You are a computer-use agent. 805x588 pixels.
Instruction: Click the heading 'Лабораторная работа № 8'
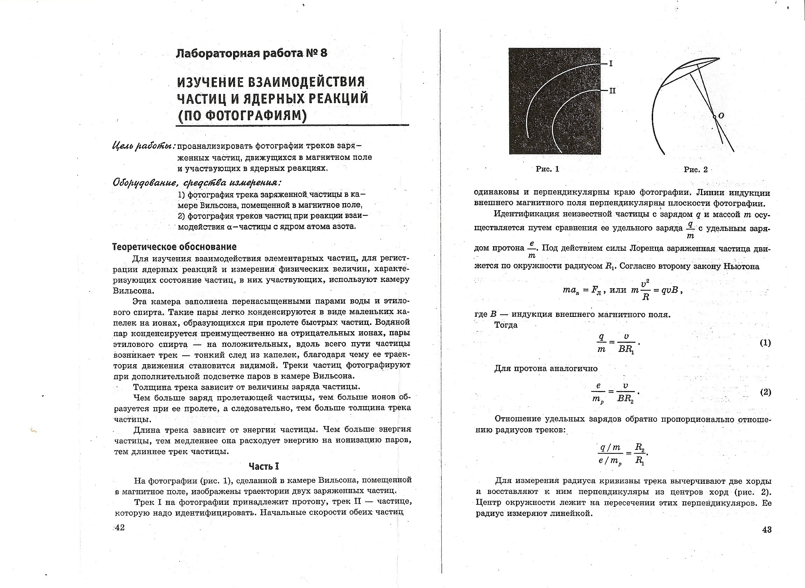251,54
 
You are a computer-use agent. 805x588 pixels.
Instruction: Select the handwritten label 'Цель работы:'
143,146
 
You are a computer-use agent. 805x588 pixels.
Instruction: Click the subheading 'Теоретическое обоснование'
174,247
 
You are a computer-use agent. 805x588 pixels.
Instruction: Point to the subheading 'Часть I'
264,466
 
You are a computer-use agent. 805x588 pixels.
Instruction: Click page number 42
120,527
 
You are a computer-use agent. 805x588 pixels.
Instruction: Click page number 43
767,530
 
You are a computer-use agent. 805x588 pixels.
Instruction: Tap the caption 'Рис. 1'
548,169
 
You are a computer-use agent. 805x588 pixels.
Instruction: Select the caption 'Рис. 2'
696,170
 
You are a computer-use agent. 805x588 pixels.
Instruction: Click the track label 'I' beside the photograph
611,64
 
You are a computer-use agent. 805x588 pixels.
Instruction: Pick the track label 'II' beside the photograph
612,91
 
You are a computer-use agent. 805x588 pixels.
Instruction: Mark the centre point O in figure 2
714,117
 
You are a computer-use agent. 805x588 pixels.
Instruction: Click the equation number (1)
765,343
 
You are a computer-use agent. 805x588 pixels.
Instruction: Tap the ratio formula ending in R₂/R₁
623,453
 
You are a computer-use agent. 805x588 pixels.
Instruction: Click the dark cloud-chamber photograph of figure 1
554,101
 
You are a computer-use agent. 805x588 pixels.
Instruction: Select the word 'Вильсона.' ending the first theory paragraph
128,291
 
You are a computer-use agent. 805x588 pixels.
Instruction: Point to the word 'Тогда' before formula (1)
506,325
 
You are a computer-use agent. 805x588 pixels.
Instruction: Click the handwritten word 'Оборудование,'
145,183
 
